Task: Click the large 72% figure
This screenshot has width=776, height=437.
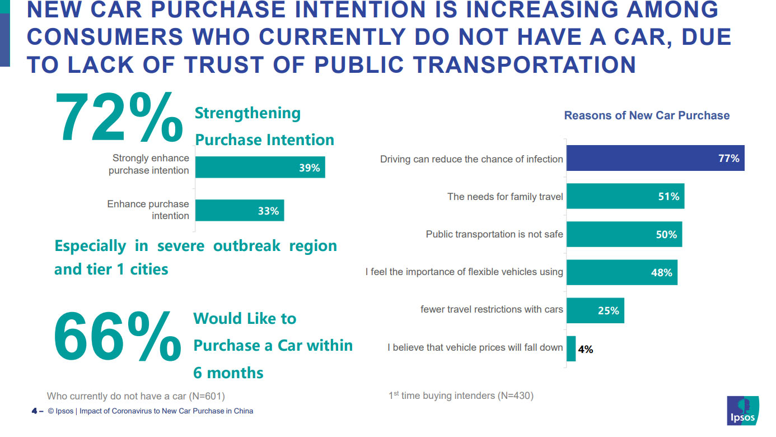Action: pyautogui.click(x=119, y=119)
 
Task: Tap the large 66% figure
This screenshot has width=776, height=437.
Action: pyautogui.click(x=118, y=336)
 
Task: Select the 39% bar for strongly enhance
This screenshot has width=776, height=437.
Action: pyautogui.click(x=260, y=168)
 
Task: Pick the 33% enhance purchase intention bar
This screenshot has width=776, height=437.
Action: pyautogui.click(x=239, y=211)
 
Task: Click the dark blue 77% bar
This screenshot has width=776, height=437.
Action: pyautogui.click(x=655, y=158)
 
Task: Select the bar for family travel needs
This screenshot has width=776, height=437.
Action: pyautogui.click(x=625, y=196)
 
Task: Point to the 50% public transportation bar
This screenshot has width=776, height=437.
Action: pyautogui.click(x=624, y=234)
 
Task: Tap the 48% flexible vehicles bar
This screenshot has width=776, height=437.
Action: pyautogui.click(x=621, y=272)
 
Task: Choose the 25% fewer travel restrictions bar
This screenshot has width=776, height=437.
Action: pyautogui.click(x=595, y=310)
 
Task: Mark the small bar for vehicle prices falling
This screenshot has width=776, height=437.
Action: pyautogui.click(x=571, y=348)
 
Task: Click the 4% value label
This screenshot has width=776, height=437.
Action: pyautogui.click(x=586, y=349)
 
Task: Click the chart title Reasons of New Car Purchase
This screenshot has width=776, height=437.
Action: pyautogui.click(x=647, y=115)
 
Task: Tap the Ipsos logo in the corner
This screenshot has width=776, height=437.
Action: pyautogui.click(x=742, y=411)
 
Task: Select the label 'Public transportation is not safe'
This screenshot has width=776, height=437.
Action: pyautogui.click(x=494, y=234)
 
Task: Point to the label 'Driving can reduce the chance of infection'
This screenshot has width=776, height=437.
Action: pyautogui.click(x=471, y=159)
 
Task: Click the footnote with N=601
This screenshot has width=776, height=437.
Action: pyautogui.click(x=135, y=396)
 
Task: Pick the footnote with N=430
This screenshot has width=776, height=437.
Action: pyautogui.click(x=461, y=396)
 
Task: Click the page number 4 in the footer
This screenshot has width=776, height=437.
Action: pyautogui.click(x=34, y=411)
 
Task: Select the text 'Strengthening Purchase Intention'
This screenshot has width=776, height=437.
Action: pyautogui.click(x=264, y=127)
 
